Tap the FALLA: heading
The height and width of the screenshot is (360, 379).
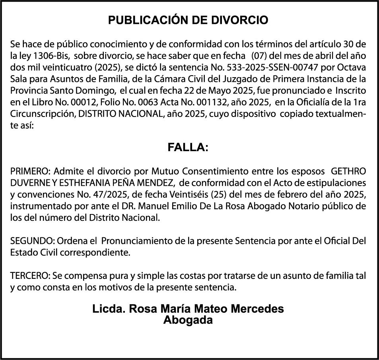[188, 148]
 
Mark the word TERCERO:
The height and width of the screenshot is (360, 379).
[29, 276]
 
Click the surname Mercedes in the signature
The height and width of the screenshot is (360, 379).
[259, 309]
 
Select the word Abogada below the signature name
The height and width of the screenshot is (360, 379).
[188, 320]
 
